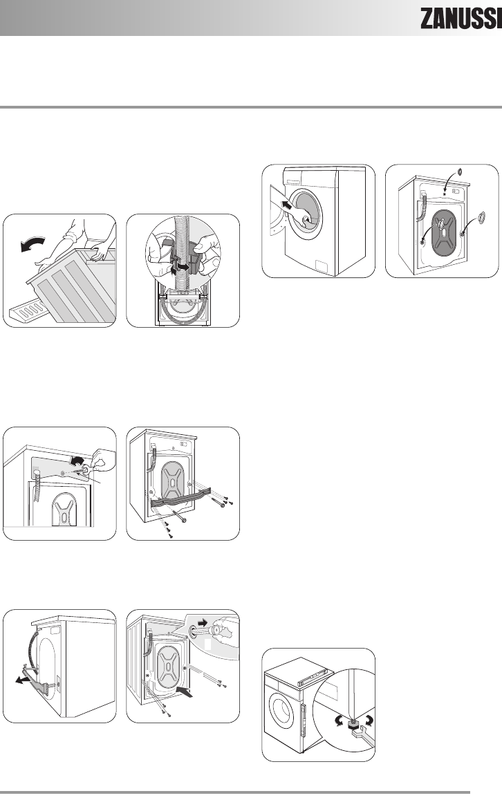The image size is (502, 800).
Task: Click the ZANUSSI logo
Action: [459, 21]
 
